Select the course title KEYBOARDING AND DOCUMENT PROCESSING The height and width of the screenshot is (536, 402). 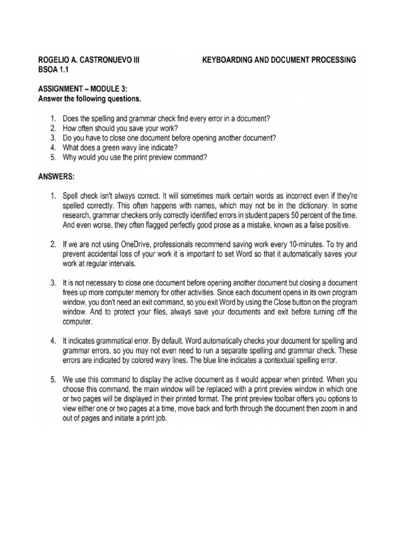tap(279, 60)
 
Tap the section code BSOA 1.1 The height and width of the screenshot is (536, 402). tap(53, 70)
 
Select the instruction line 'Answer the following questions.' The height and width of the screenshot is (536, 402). tap(90, 98)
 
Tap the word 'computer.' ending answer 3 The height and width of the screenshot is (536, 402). tap(78, 322)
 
